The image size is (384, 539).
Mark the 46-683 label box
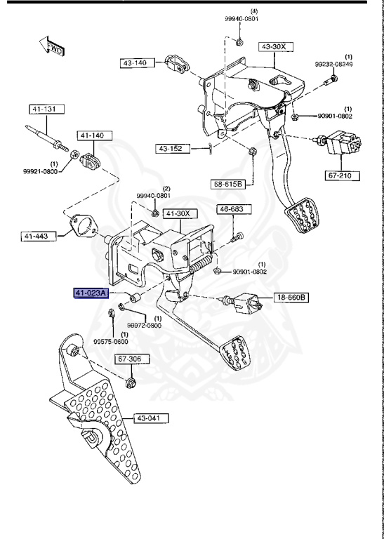point(231,209)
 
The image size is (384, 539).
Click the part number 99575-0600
point(112,341)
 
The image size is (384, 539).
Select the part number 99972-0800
point(144,326)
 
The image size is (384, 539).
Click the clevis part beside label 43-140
point(176,65)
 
